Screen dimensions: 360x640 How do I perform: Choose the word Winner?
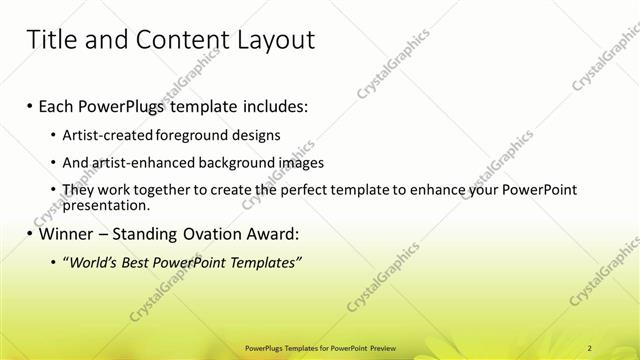[x=70, y=235]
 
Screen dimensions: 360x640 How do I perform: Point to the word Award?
[x=268, y=235]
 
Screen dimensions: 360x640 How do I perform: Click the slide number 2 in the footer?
[x=590, y=347]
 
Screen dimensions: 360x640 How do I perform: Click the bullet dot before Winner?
[x=30, y=236]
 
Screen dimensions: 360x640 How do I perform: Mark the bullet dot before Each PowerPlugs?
[x=30, y=106]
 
